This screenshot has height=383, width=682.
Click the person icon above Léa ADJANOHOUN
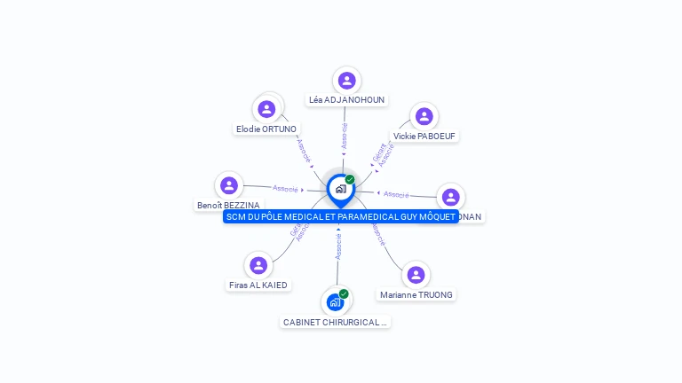[x=346, y=81]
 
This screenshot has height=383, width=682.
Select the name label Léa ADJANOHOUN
[x=346, y=100]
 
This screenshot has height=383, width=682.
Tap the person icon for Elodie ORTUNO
[x=266, y=109]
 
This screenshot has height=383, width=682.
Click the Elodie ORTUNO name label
[x=266, y=129]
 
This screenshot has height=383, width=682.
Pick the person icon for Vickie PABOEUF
[x=424, y=116]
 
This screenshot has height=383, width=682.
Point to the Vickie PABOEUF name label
[x=425, y=137]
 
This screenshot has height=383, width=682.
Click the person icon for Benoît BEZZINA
[x=229, y=185]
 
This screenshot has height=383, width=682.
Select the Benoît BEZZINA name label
[x=228, y=205]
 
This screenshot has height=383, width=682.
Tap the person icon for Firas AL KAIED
[x=258, y=265]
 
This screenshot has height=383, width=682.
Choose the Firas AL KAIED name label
[x=258, y=285]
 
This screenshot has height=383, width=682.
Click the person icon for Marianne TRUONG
[x=416, y=275]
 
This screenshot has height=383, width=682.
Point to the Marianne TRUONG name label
[x=416, y=295]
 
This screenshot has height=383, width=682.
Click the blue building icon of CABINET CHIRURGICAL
[x=335, y=302]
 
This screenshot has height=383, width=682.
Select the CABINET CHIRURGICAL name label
[x=336, y=323]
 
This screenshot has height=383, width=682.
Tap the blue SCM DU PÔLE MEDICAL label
[x=340, y=216]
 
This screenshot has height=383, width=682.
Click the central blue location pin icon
[x=340, y=189]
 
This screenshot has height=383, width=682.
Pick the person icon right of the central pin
[x=450, y=197]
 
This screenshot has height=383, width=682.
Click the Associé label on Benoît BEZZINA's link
[x=285, y=188]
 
